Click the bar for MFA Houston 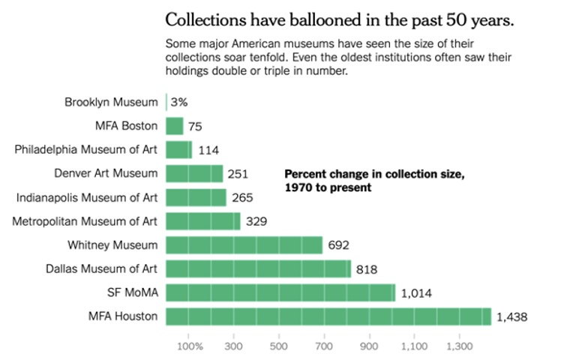[328, 316]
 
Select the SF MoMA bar [280, 292]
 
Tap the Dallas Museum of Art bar [258, 268]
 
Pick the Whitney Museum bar [244, 245]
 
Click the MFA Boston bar [174, 126]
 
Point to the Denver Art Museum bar [194, 173]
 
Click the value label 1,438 [511, 317]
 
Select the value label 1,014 [415, 293]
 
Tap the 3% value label [178, 102]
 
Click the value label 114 [208, 150]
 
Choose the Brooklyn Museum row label [111, 102]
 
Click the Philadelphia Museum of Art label [86, 149]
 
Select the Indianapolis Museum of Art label [87, 197]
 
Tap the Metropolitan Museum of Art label [85, 221]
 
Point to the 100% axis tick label [190, 346]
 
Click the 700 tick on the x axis [324, 346]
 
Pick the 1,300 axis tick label [459, 346]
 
